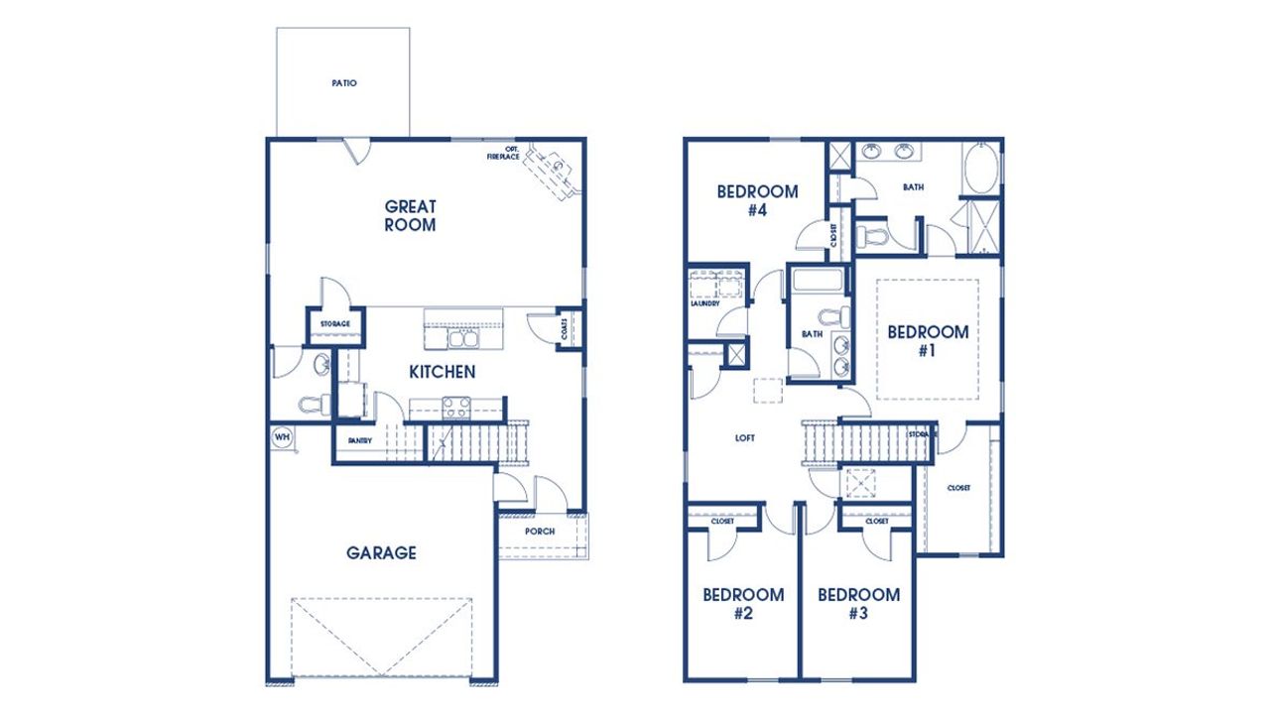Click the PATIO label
pyautogui.click(x=343, y=83)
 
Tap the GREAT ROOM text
pyautogui.click(x=411, y=215)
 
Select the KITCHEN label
pyautogui.click(x=443, y=372)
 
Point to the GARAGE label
pyautogui.click(x=381, y=552)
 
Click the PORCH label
pyautogui.click(x=541, y=532)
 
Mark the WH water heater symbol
pyautogui.click(x=281, y=436)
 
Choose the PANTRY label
pyautogui.click(x=358, y=441)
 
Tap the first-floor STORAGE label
pyautogui.click(x=334, y=324)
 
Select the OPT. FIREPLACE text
pyautogui.click(x=504, y=154)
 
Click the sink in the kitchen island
pyautogui.click(x=461, y=339)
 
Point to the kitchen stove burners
pyautogui.click(x=456, y=406)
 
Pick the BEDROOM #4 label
pyautogui.click(x=757, y=200)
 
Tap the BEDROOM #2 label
pyautogui.click(x=743, y=603)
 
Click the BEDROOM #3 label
pyautogui.click(x=858, y=603)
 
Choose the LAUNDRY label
pyautogui.click(x=704, y=304)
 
